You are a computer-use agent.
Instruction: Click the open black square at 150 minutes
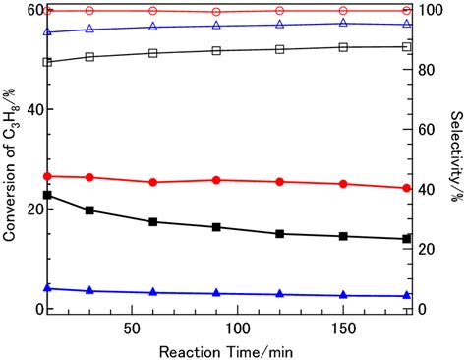point(343,47)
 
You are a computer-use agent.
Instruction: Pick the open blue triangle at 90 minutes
point(216,26)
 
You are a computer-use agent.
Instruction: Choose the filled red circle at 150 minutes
point(343,184)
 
